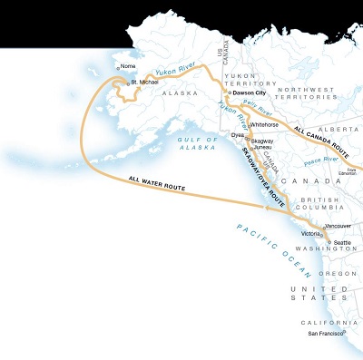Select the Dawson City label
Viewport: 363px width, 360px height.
pyautogui.click(x=253, y=92)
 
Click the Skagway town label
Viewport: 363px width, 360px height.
pyautogui.click(x=262, y=141)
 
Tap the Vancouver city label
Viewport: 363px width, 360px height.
pyautogui.click(x=338, y=225)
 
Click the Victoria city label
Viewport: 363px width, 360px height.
pyautogui.click(x=310, y=234)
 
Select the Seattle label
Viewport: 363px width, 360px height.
pyautogui.click(x=341, y=243)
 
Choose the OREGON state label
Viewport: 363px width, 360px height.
pyautogui.click(x=337, y=272)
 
